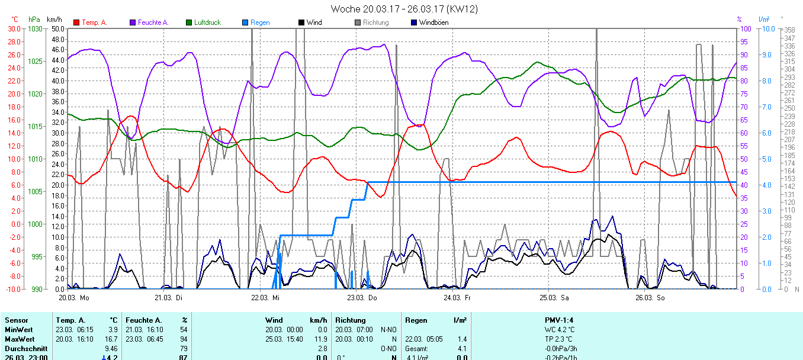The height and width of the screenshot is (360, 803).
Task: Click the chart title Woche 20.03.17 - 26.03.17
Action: [404, 9]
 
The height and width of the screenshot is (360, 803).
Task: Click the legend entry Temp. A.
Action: [94, 22]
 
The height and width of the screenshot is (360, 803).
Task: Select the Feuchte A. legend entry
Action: [153, 22]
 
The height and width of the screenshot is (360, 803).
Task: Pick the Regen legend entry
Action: [260, 22]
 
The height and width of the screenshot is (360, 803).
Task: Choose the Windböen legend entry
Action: [433, 22]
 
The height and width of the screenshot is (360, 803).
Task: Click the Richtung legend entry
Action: [375, 22]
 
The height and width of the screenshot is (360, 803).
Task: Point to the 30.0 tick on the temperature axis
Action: [13, 28]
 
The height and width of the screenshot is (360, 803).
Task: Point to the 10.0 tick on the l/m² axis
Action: [766, 28]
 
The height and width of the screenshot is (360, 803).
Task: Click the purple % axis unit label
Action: [739, 20]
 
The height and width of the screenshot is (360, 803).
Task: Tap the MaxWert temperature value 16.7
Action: [111, 339]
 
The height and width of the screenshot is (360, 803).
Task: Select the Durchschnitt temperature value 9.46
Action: [111, 349]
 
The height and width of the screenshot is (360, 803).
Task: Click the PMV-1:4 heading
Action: [560, 320]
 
